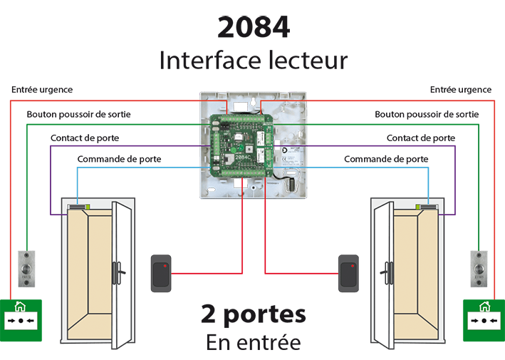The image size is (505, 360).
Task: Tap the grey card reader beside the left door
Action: (160, 274)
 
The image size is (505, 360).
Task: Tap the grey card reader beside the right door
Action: (350, 274)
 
